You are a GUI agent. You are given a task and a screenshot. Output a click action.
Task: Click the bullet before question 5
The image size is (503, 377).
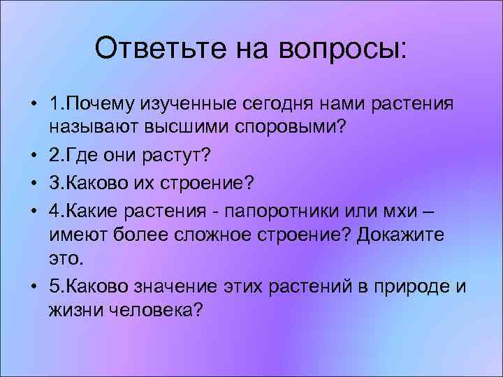pyautogui.click(x=34, y=286)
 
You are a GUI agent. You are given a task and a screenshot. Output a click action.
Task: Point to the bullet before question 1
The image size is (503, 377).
pyautogui.click(x=34, y=104)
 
